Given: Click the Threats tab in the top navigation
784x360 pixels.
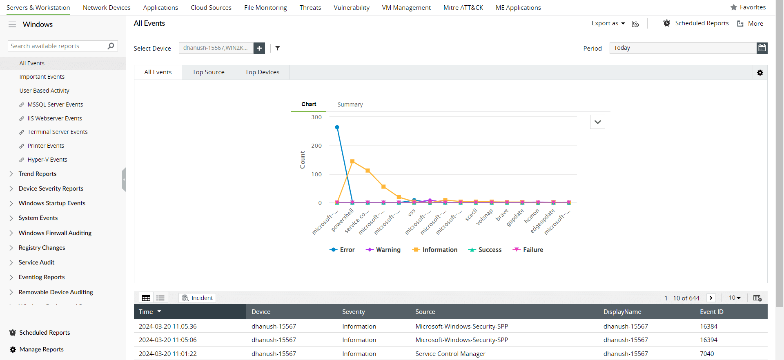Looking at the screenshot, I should [310, 8].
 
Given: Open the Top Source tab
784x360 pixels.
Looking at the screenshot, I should [208, 72].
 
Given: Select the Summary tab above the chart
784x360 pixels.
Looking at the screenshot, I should [350, 104].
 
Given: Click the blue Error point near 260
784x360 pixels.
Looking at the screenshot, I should [337, 127].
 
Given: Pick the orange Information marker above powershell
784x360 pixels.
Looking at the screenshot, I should [352, 161].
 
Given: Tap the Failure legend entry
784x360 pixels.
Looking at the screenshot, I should [528, 250].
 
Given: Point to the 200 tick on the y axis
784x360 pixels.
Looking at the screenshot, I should [316, 146].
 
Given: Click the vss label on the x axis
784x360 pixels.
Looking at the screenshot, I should [412, 213].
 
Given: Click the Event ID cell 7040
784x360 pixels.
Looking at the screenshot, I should [707, 354].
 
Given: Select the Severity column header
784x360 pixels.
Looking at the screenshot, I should [353, 312].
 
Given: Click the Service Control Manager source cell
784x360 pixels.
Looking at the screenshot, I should [450, 354].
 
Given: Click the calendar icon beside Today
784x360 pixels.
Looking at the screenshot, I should [762, 48].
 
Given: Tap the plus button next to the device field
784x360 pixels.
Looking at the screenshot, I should [259, 48].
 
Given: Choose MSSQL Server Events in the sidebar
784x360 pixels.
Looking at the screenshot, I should [55, 104].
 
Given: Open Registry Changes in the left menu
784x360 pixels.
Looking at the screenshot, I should [42, 248].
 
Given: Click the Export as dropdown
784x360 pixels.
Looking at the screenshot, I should [608, 24].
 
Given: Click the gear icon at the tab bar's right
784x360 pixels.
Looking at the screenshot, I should [760, 73].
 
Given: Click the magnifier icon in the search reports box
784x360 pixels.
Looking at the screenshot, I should [111, 46].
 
